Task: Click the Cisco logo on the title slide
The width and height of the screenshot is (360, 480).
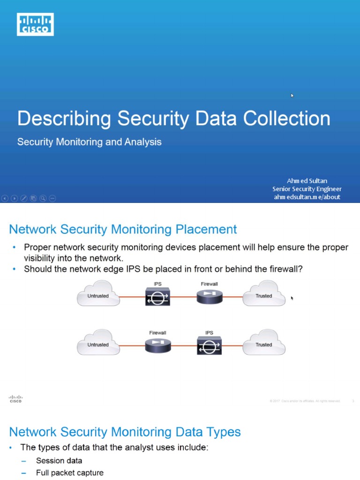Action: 35,24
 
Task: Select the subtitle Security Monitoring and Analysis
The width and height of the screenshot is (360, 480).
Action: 89,142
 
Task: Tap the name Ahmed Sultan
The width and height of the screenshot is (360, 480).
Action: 307,180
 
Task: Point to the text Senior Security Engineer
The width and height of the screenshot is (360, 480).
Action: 307,189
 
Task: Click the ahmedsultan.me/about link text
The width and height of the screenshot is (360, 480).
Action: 307,197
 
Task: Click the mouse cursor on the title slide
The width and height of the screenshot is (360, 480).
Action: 292,95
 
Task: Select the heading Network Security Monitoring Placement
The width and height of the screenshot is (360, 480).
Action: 123,229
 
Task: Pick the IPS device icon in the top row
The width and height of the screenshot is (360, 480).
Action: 157,297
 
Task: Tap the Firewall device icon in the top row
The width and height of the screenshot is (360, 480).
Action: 209,296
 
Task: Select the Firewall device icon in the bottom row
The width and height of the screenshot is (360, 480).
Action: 157,345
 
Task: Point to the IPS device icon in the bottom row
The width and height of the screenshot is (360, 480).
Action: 209,346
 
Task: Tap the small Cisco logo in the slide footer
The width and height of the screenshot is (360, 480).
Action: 15,399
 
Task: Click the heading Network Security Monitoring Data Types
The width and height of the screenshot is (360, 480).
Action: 125,432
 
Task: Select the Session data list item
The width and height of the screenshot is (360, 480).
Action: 59,460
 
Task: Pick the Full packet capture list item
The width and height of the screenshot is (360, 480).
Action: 69,472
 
